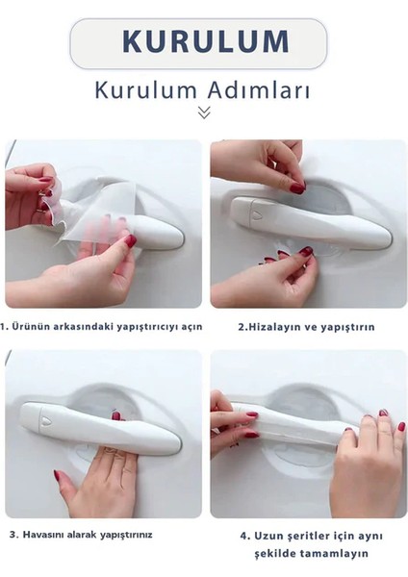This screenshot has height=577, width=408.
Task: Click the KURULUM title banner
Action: (204, 42)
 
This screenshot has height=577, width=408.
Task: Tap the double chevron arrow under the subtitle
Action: (204, 113)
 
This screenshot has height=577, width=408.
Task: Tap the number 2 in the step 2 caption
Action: (241, 327)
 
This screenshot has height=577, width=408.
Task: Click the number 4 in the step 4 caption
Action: (245, 534)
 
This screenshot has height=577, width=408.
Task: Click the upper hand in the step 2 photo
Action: (265, 163)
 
